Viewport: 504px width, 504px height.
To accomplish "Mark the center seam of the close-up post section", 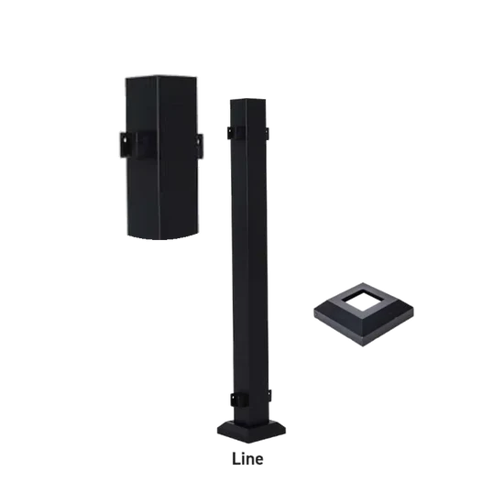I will tap(162, 156).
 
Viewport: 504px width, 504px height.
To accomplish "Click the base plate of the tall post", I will tap(248, 431).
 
